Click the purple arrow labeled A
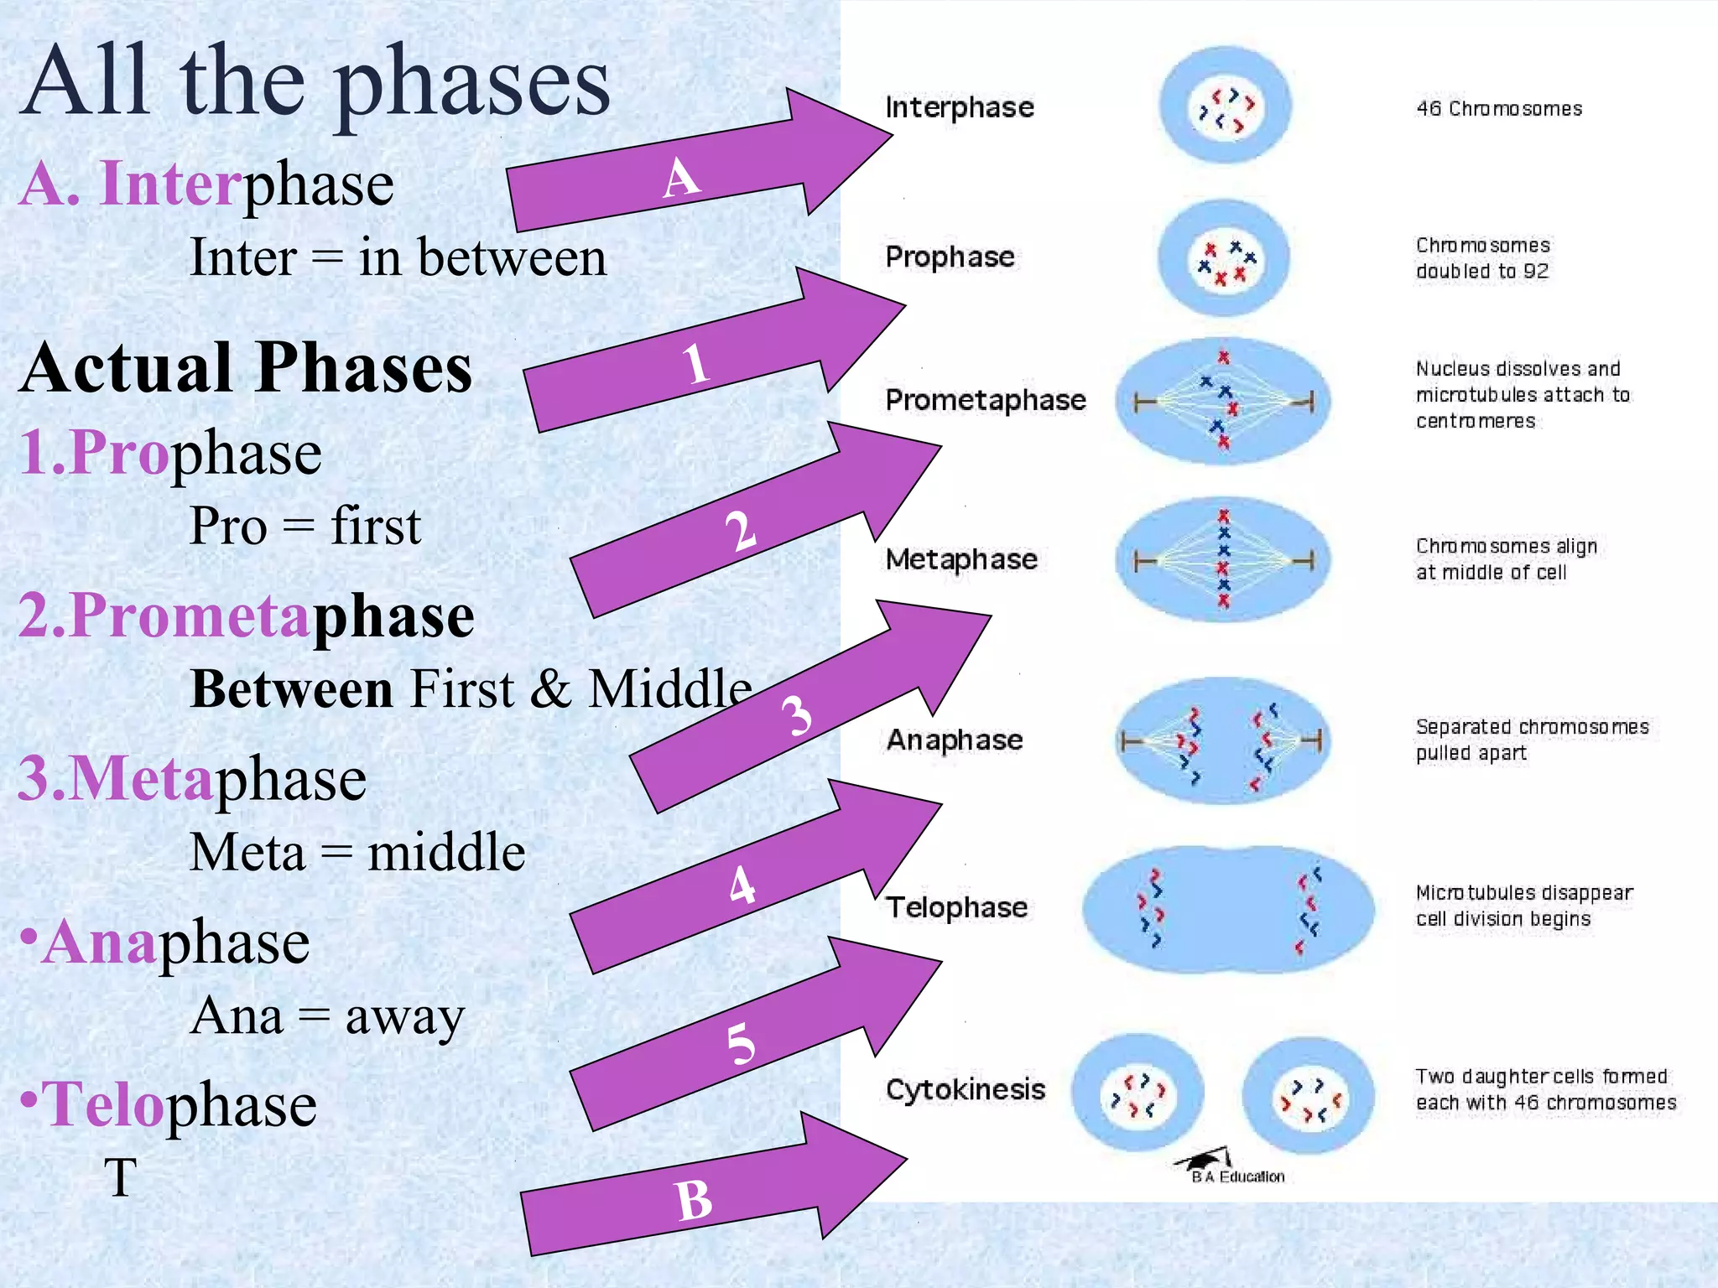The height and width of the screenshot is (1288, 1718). pos(688,172)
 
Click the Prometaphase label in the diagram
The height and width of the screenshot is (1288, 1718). pos(985,400)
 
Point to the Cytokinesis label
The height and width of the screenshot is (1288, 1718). pos(965,1089)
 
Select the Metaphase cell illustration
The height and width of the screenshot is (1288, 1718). pos(1223,559)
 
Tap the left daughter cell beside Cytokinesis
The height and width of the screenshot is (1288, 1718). pos(1138,1094)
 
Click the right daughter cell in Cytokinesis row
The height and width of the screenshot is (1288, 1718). pos(1308,1096)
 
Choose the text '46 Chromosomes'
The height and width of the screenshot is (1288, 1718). pos(1498,109)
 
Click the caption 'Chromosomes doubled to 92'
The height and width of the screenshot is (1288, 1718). pos(1481,258)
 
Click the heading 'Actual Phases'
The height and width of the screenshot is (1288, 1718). pos(246,369)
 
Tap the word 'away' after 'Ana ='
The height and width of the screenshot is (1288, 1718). pos(404,1018)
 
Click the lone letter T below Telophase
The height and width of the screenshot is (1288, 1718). pos(120,1177)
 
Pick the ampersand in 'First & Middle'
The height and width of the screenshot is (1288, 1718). pos(550,690)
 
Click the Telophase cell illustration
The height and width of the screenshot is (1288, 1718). pos(1227,910)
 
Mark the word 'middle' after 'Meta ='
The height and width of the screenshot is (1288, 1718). pos(445,853)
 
